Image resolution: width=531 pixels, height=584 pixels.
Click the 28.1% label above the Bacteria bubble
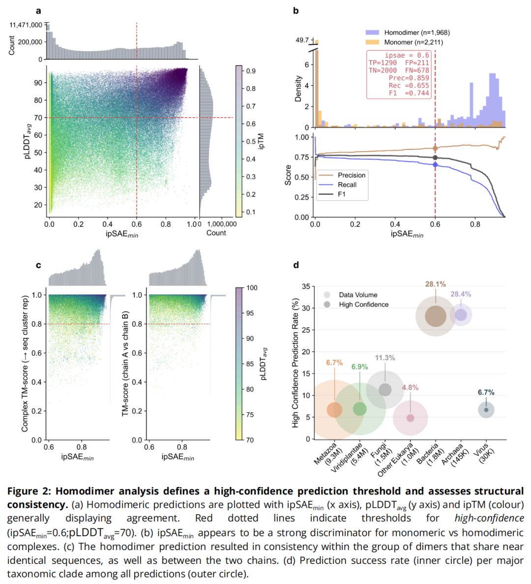tap(435, 284)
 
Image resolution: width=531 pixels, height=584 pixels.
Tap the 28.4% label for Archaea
tap(461, 294)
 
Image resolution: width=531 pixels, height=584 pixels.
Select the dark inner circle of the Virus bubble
tap(486, 410)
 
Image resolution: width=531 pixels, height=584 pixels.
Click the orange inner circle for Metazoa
tap(334, 409)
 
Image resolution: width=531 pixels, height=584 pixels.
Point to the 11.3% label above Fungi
tap(385, 358)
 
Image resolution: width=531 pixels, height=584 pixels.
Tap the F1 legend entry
tap(341, 194)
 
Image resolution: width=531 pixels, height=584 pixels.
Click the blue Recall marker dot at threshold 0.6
tap(435, 165)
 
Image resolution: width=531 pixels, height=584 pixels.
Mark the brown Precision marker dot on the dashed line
tap(435, 148)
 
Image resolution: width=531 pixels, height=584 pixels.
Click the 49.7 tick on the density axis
tap(302, 40)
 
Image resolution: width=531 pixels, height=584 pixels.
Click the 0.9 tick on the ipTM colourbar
tap(251, 71)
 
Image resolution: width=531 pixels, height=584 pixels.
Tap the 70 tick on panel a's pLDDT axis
tap(38, 118)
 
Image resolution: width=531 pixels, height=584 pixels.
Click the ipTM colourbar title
tap(262, 141)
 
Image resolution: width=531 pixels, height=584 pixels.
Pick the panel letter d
tap(296, 265)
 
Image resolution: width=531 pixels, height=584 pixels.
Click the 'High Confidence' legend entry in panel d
tap(363, 305)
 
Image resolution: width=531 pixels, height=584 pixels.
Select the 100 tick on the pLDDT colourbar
tap(252, 288)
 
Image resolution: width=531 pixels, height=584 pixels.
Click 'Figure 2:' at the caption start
tap(29, 491)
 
